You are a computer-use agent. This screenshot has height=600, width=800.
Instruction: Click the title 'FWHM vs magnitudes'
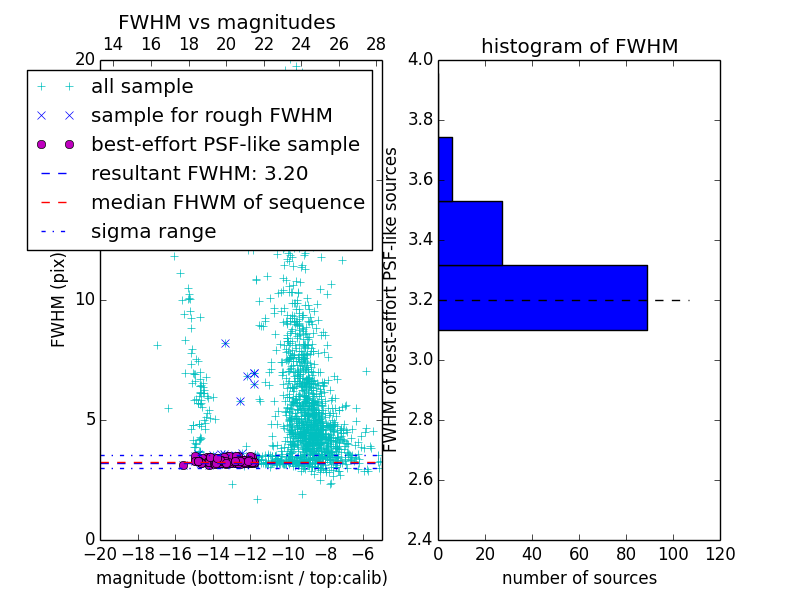coord(227,22)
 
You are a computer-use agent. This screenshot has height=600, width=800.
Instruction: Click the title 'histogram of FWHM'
coord(579,46)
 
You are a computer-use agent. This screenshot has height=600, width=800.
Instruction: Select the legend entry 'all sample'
coord(142,87)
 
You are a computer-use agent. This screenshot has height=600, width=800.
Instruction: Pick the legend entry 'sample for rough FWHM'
coord(211,115)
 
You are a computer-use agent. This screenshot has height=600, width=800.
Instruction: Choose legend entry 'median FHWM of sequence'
coord(227,202)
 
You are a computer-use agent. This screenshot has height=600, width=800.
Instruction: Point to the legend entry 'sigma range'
coord(153,231)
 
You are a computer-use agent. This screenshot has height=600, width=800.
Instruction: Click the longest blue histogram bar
coord(542,297)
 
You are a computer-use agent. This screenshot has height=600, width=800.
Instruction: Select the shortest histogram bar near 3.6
coord(445,169)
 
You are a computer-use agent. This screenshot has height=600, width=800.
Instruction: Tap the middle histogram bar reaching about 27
coord(470,233)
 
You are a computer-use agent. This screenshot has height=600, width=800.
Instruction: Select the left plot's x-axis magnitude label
coord(241,578)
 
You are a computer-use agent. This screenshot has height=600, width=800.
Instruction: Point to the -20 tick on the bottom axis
coord(100,554)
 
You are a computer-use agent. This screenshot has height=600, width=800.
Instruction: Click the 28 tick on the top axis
coord(376,44)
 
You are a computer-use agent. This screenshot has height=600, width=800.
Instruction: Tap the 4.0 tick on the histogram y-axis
coord(420,59)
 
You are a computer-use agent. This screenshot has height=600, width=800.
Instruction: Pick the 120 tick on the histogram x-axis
coord(720,554)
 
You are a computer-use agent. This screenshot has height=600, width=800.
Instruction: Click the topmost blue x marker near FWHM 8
coord(225,343)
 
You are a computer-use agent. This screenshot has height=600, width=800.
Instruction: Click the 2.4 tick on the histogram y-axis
coord(420,539)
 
